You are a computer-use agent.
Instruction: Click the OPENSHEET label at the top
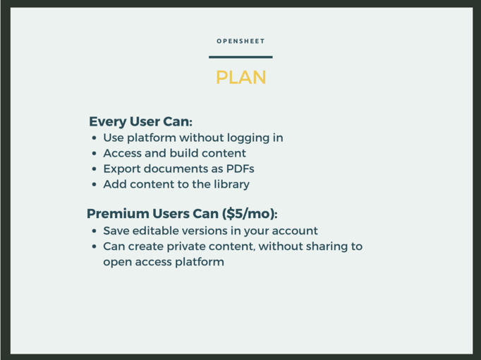(240, 41)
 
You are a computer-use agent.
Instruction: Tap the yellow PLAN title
(240, 78)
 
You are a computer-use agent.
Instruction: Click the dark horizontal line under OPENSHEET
(240, 56)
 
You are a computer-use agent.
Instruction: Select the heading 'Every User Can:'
(140, 121)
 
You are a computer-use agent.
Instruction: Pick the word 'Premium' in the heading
(118, 214)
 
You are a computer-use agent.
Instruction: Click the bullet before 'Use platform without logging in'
(95, 138)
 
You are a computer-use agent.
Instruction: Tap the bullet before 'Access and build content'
(95, 153)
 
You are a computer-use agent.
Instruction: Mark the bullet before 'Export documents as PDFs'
(95, 169)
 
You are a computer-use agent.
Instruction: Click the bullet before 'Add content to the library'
(95, 184)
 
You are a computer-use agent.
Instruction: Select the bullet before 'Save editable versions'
(95, 231)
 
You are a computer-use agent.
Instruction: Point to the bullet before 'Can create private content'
(95, 246)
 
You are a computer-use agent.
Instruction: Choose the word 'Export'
(121, 169)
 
